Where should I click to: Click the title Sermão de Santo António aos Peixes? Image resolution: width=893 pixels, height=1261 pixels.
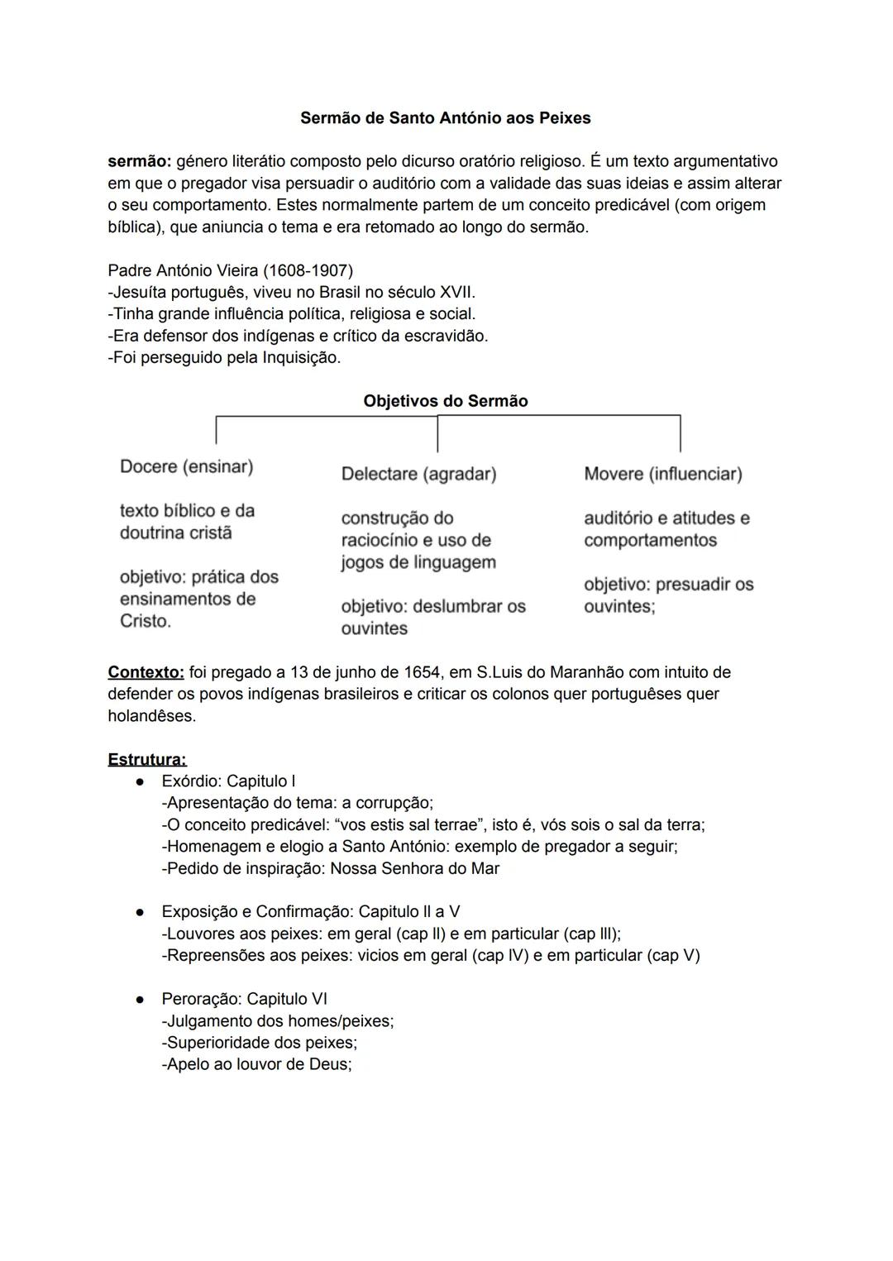[x=445, y=118]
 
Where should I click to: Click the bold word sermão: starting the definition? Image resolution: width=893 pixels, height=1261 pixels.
[x=139, y=161]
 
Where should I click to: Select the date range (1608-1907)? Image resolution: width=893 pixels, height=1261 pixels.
[x=308, y=271]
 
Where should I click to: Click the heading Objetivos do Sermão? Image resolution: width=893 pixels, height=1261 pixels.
[x=445, y=401]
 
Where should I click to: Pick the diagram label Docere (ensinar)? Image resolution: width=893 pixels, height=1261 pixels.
[x=186, y=466]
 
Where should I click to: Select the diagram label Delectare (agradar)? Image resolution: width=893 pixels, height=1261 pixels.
[x=418, y=474]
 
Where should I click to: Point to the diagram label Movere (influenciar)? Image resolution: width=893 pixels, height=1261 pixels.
[x=662, y=474]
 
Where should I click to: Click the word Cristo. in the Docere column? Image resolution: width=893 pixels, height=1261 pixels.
[x=146, y=621]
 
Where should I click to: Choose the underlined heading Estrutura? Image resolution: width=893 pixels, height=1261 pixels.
[x=147, y=759]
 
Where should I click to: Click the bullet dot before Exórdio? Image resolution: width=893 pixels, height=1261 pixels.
[x=141, y=781]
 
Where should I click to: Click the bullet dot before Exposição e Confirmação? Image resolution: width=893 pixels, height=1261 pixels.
[x=141, y=912]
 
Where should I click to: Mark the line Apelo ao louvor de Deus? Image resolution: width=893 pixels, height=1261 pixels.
[x=256, y=1064]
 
